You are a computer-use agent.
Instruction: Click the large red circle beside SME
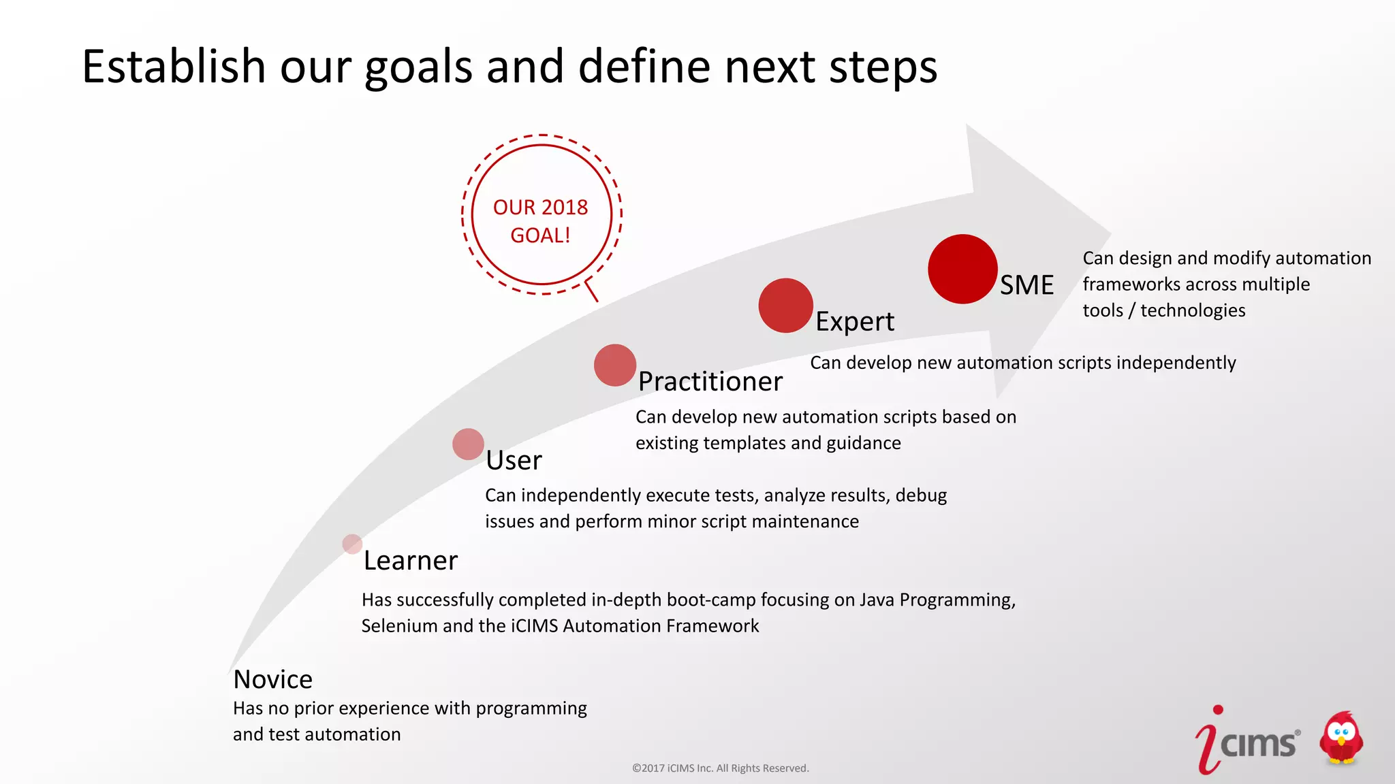[x=962, y=269]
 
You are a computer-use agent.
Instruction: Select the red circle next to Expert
[x=785, y=306]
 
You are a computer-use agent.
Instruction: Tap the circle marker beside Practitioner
[x=615, y=365]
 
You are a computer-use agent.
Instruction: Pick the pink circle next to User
[x=468, y=444]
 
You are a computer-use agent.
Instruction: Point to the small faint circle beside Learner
[x=352, y=544]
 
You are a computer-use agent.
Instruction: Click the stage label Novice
[x=272, y=679]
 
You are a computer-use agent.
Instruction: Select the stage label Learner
[x=410, y=560]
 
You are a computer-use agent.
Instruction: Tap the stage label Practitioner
[x=710, y=381]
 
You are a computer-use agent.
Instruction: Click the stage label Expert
[x=854, y=321]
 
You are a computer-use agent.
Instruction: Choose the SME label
[x=1026, y=284]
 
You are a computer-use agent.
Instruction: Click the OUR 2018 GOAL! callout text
[x=541, y=220]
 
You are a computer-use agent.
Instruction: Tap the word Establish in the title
[x=174, y=67]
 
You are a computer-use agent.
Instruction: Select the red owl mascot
[x=1341, y=739]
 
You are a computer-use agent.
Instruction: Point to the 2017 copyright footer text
[x=720, y=768]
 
